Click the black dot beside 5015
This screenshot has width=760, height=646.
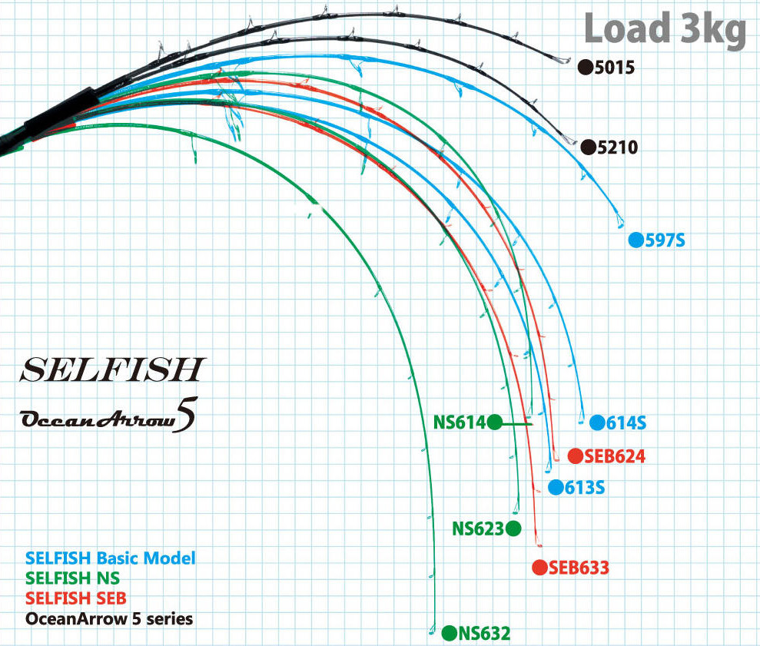click(x=586, y=68)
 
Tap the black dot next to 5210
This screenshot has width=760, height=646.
click(x=588, y=147)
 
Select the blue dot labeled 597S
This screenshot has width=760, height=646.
click(x=636, y=240)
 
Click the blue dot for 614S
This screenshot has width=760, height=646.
click(x=597, y=422)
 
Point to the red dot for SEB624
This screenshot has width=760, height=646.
click(x=576, y=456)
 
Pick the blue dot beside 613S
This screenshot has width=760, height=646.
click(x=556, y=488)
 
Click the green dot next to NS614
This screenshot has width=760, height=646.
click(x=494, y=422)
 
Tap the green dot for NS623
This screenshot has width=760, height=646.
click(x=513, y=528)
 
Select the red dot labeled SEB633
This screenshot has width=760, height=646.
click(x=539, y=568)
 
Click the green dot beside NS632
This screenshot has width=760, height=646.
click(x=450, y=633)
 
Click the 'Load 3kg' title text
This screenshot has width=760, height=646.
click(x=665, y=29)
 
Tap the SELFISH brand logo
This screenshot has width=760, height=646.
click(x=113, y=369)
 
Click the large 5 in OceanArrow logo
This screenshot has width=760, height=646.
click(x=186, y=415)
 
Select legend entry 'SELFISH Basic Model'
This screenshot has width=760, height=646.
click(x=110, y=558)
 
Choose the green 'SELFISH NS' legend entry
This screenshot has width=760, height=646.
click(x=72, y=578)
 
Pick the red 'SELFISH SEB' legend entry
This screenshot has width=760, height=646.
click(x=75, y=598)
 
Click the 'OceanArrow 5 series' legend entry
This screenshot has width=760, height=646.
click(x=109, y=619)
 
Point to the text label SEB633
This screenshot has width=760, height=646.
click(x=579, y=568)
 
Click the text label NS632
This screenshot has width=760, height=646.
click(x=484, y=633)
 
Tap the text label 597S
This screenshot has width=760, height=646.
click(x=665, y=240)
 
